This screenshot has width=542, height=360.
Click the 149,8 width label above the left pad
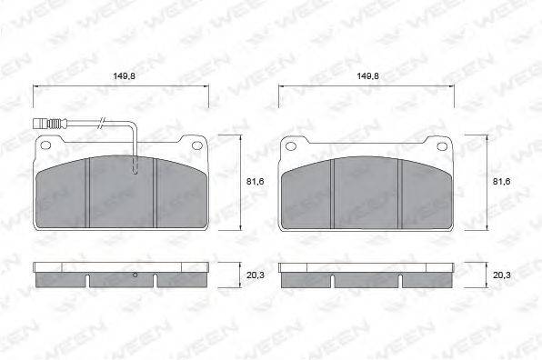click(124, 76)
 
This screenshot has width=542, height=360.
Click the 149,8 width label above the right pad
click(367, 76)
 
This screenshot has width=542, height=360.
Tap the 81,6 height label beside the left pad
click(256, 182)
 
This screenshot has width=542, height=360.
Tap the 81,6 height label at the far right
click(501, 182)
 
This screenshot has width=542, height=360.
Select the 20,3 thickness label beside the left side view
click(256, 275)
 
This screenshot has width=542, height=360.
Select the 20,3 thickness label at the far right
click(502, 275)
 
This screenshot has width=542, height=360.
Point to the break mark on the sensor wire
click(102, 123)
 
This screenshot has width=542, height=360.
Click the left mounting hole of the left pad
click(45, 145)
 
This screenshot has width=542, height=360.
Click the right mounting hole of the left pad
click(197, 145)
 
